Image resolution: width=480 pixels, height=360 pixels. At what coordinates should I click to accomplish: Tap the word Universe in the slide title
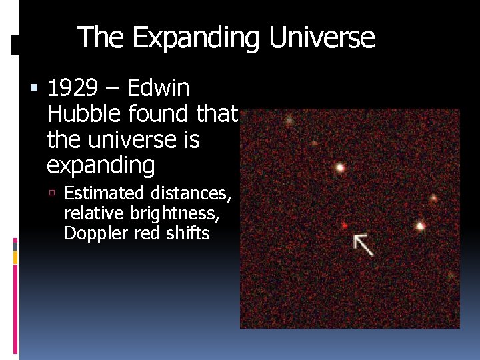[321, 38]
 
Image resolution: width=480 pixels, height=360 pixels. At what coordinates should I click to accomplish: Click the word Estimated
[104, 193]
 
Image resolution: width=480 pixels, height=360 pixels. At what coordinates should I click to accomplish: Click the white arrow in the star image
[363, 245]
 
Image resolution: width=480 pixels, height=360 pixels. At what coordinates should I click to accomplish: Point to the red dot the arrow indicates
[344, 225]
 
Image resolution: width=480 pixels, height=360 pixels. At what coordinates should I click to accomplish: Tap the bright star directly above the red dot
[340, 167]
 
